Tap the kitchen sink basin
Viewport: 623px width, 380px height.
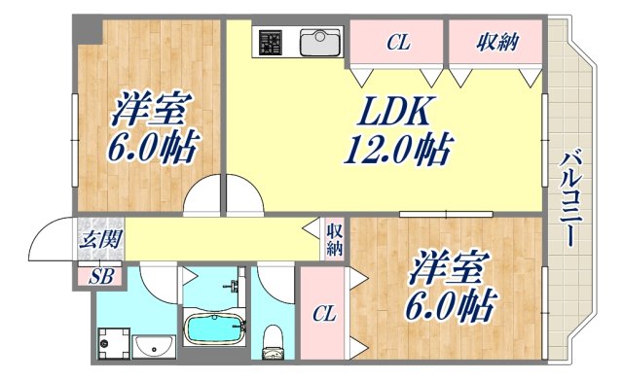point(319,44)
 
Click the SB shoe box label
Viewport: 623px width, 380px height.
point(101,276)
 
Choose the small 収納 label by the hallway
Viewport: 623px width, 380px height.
point(334,239)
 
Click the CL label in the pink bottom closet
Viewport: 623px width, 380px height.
point(324,313)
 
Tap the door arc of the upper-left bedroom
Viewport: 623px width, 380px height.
point(202,197)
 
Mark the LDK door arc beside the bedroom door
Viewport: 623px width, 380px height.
point(243,197)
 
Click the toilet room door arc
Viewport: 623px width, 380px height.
point(277,282)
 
